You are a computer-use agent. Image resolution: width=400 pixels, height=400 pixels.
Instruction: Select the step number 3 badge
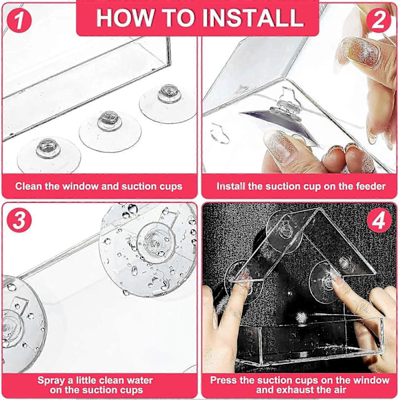tap(19, 220)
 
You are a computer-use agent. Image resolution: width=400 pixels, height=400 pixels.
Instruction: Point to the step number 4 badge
tap(379, 220)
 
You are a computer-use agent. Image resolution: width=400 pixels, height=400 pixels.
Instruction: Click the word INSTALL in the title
tap(253, 18)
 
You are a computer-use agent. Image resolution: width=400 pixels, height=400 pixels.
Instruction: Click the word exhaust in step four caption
tap(299, 390)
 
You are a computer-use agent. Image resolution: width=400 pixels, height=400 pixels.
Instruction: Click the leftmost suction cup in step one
tap(49, 155)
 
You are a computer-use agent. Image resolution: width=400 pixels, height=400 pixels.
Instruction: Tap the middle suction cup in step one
tap(110, 131)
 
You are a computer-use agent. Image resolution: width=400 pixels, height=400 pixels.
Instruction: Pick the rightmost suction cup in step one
tap(169, 103)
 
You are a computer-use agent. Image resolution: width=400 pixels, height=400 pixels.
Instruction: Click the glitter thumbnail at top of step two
tap(360, 52)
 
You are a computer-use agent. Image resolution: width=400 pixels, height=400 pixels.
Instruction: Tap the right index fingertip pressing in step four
tap(336, 282)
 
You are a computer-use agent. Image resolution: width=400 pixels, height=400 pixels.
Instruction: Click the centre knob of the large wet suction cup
tap(155, 242)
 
